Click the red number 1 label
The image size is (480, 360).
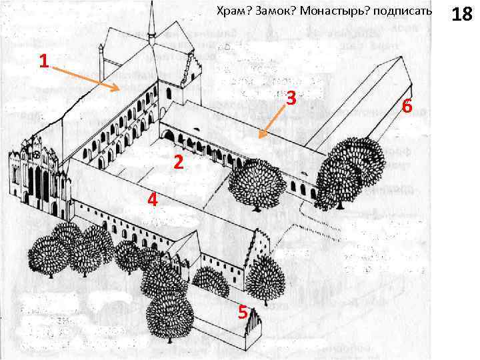click(43, 62)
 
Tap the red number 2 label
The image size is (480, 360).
click(177, 162)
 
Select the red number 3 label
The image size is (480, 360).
click(291, 98)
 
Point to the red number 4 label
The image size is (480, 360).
click(153, 199)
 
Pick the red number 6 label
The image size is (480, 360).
click(407, 106)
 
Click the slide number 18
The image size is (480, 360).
click(461, 14)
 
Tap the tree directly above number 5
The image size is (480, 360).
click(265, 279)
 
